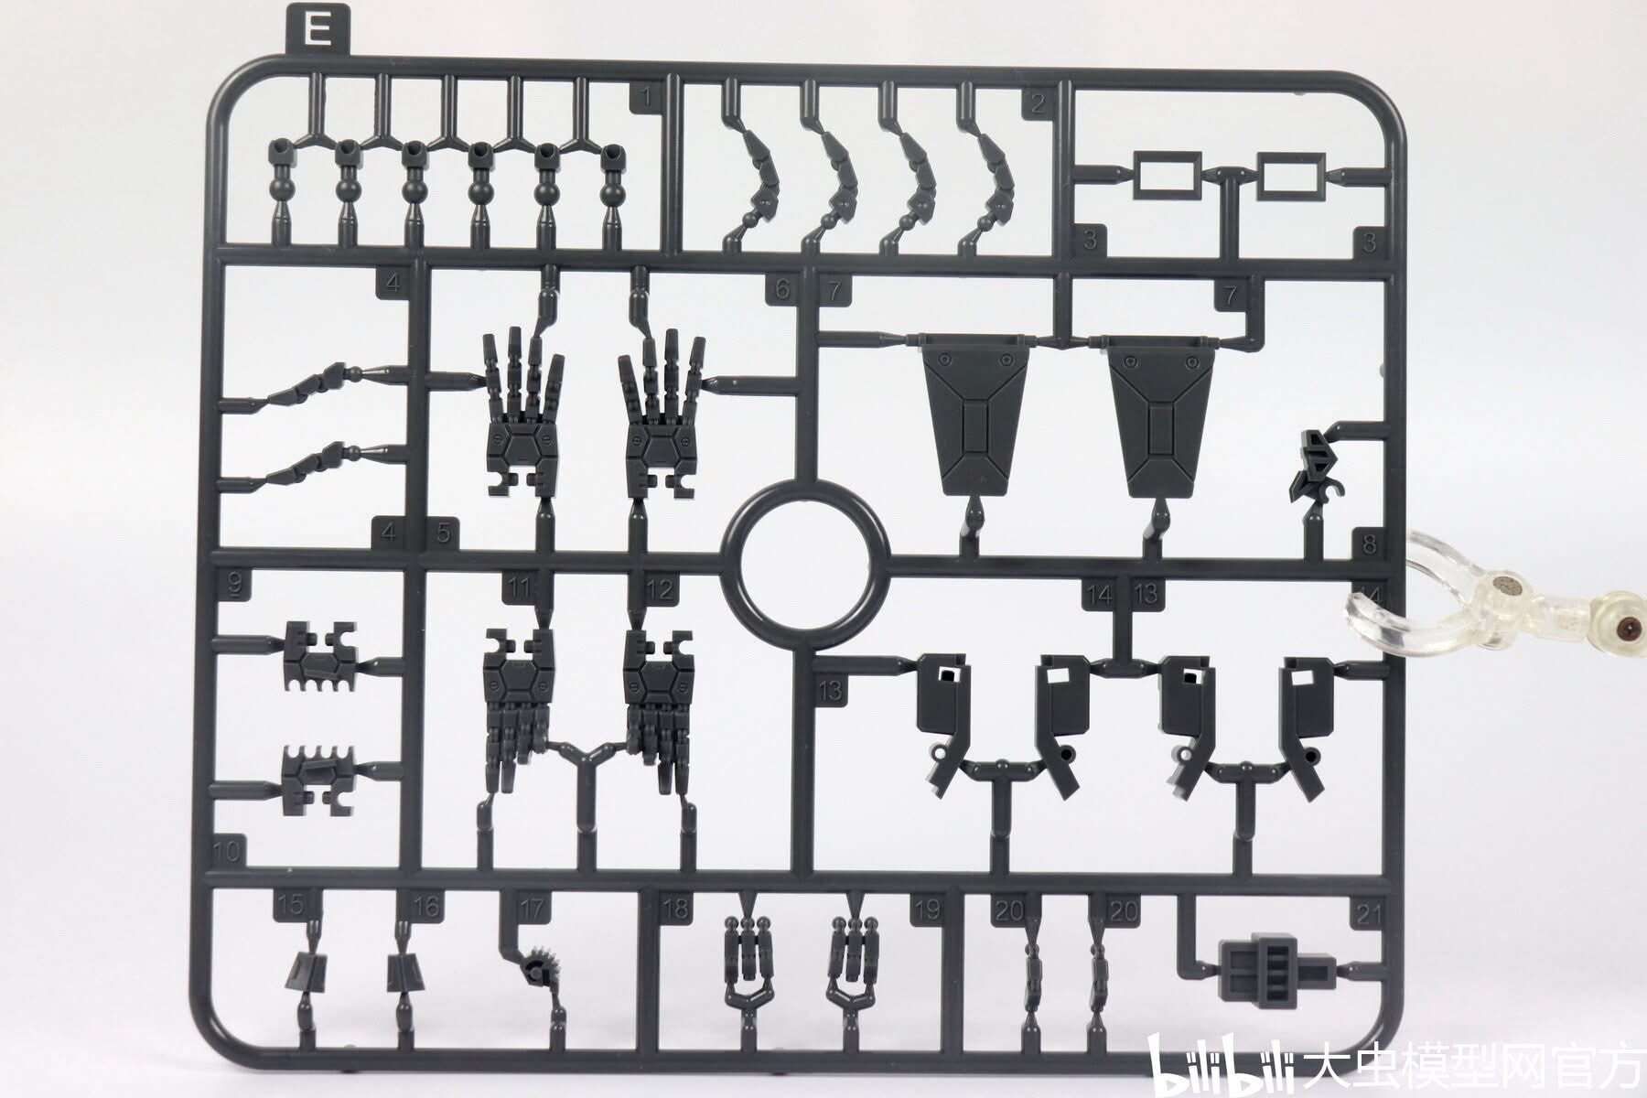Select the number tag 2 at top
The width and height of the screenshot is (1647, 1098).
pos(1037,103)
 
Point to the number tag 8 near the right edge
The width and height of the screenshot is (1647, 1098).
pos(1369,544)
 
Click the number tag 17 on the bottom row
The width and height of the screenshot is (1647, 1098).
pos(531,909)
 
